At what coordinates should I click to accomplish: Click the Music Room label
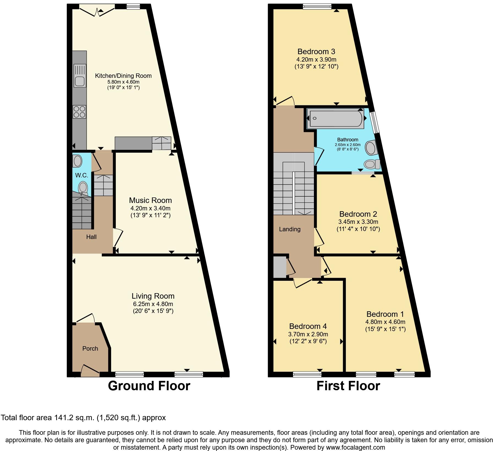[150, 200]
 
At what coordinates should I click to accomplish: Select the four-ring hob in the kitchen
[80, 112]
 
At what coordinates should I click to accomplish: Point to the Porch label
[90, 348]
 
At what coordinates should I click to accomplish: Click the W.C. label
[82, 175]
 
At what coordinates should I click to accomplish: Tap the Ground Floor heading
[149, 386]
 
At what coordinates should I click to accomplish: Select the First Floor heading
[348, 386]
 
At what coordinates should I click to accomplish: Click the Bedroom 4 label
[308, 326]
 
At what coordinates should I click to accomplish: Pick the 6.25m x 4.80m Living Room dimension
[153, 304]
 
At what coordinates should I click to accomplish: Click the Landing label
[290, 229]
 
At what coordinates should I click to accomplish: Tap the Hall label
[91, 237]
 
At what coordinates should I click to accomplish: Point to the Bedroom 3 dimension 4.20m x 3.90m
[316, 59]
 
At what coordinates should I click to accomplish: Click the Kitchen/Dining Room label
[123, 76]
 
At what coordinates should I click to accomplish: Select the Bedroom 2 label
[358, 214]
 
